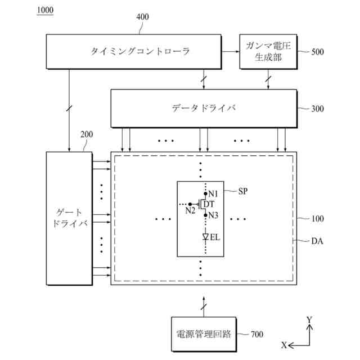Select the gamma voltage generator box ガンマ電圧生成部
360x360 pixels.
(x=268, y=52)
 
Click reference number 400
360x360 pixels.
(x=143, y=17)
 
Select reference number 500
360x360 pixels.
(x=317, y=52)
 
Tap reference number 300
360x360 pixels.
(x=317, y=109)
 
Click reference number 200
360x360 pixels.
(x=87, y=135)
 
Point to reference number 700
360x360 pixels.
(x=256, y=335)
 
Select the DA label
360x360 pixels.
(x=317, y=241)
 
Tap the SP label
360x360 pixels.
(x=243, y=191)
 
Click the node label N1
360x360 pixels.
(x=213, y=193)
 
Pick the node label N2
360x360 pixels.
(x=190, y=211)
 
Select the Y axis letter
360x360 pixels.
(x=309, y=319)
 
